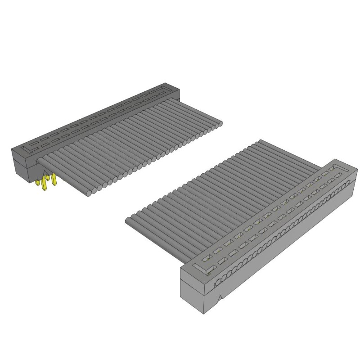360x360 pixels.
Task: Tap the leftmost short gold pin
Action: pyautogui.click(x=39, y=183)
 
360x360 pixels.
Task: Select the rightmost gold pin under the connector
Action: pyautogui.click(x=54, y=180)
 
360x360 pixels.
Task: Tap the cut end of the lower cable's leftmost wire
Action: pyautogui.click(x=128, y=221)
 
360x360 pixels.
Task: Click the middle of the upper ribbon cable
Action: pyautogui.click(x=135, y=144)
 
